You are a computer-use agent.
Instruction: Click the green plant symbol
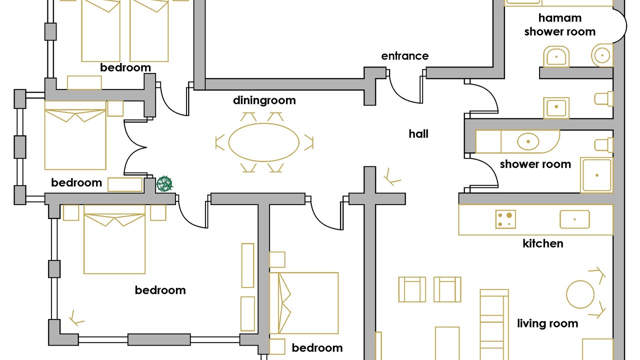[x=164, y=184]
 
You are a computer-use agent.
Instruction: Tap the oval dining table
[x=263, y=142]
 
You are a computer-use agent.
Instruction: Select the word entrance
[x=404, y=56]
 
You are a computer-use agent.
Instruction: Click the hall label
[x=418, y=134]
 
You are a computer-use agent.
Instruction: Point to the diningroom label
[x=264, y=100]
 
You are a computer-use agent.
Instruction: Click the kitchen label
[x=542, y=243]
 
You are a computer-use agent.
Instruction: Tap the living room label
[x=547, y=323]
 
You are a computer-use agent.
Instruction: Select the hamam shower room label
[x=559, y=25]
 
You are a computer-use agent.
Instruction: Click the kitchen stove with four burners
[x=505, y=219]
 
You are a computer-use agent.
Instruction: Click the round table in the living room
[x=580, y=293]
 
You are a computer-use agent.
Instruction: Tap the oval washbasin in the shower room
[x=527, y=141]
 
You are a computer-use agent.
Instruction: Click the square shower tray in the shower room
[x=596, y=175]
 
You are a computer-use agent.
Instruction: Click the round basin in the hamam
[x=602, y=54]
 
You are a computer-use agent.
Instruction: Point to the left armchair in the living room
[x=412, y=289]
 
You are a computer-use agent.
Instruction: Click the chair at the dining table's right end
[x=308, y=142]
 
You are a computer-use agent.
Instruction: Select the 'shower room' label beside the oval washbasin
[x=535, y=164]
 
